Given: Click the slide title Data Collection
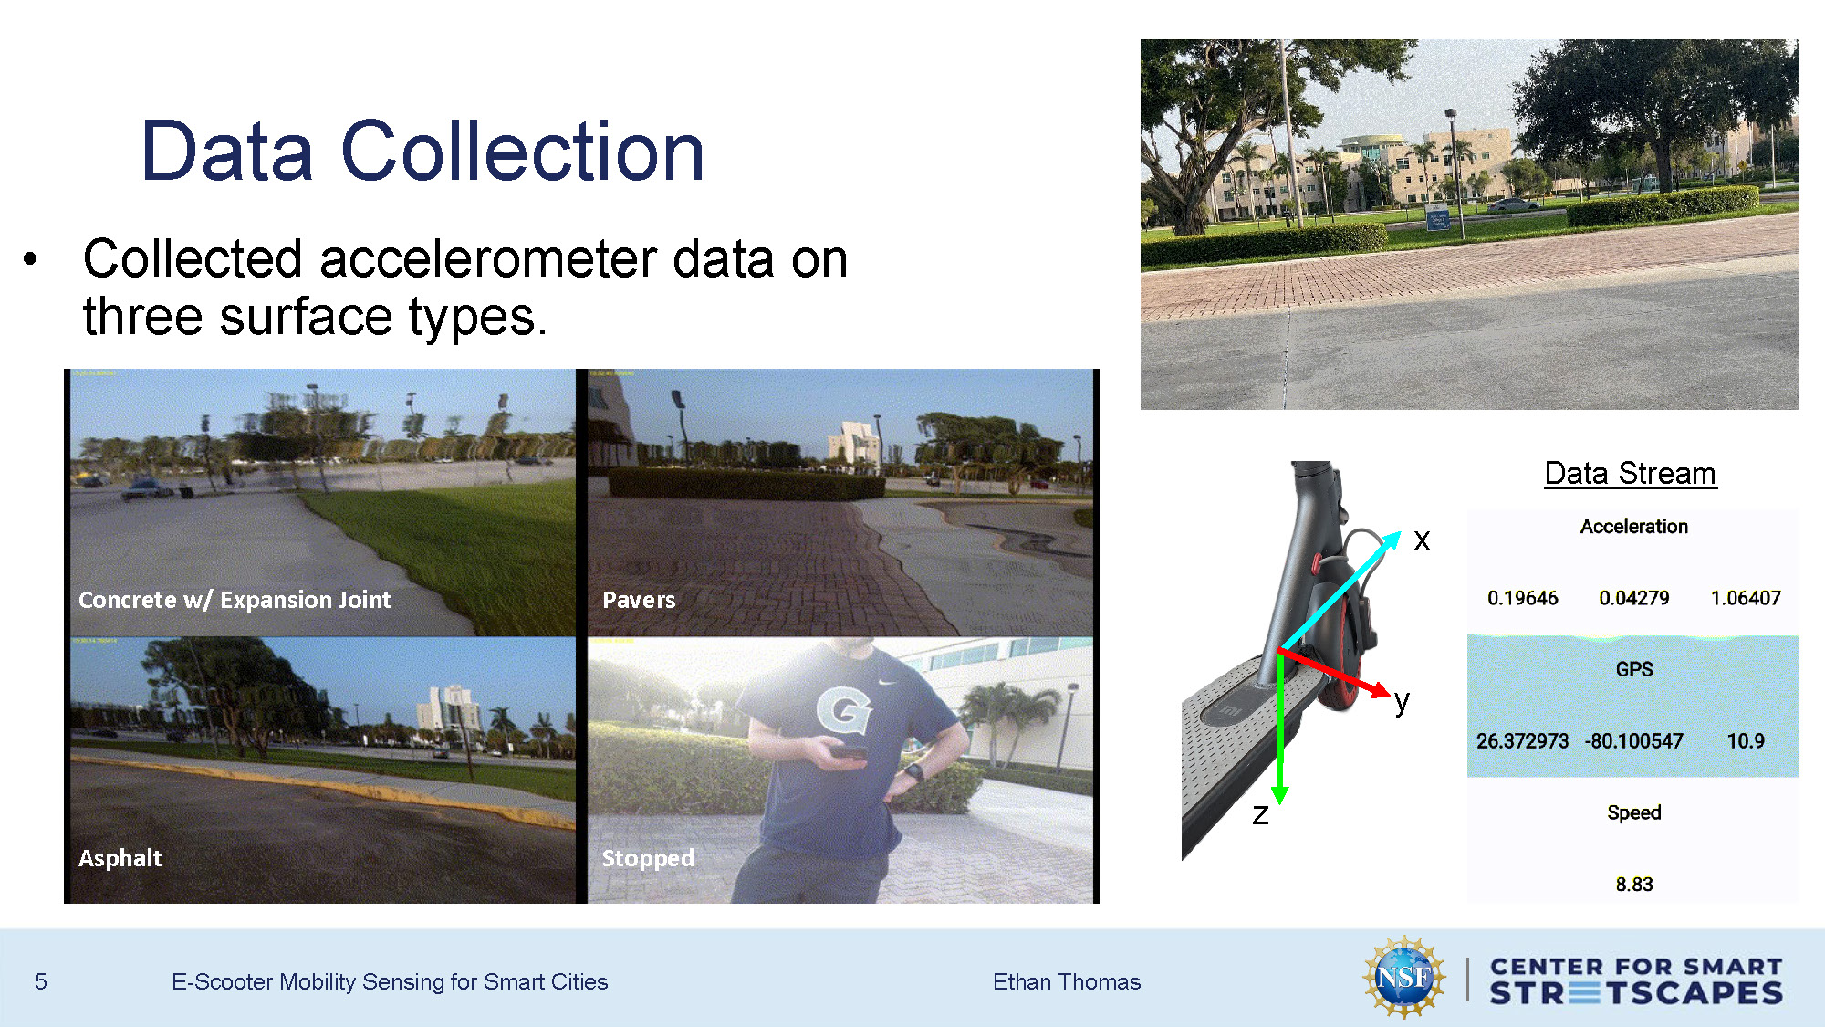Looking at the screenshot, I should pyautogui.click(x=422, y=152).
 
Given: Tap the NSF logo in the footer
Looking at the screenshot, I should pyautogui.click(x=1404, y=978).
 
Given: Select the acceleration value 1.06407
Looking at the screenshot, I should pyautogui.click(x=1745, y=598).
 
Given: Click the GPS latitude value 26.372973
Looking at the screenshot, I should pyautogui.click(x=1522, y=740).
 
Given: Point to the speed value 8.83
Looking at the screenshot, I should pyautogui.click(x=1633, y=884).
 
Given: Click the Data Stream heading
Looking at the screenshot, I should pyautogui.click(x=1630, y=473).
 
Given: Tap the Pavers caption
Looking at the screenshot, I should pyautogui.click(x=639, y=600).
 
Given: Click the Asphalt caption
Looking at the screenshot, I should pyautogui.click(x=120, y=858).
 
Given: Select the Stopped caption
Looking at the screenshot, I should pyautogui.click(x=648, y=858).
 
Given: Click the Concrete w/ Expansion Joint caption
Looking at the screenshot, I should pyautogui.click(x=235, y=600).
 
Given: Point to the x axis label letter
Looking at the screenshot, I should pyautogui.click(x=1422, y=540).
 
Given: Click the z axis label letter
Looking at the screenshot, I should pyautogui.click(x=1260, y=814).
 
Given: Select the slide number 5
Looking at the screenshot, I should pyautogui.click(x=41, y=981).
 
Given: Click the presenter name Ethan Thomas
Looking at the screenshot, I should pyautogui.click(x=1067, y=981).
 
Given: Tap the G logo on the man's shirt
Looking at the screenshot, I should pyautogui.click(x=843, y=709).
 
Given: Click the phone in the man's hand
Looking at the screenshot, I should pyautogui.click(x=849, y=752).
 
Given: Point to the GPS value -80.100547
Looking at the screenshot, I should pyautogui.click(x=1633, y=740).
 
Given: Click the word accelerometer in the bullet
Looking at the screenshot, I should pyautogui.click(x=487, y=258).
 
